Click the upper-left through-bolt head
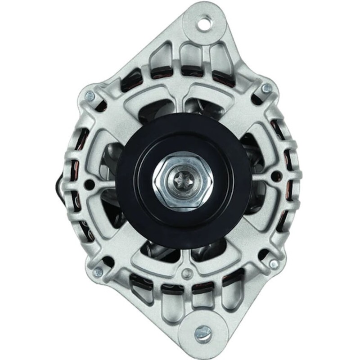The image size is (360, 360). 90,96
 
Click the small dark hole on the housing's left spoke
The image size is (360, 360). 90,184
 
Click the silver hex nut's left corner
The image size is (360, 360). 154,182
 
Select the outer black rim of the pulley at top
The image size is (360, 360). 184,118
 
